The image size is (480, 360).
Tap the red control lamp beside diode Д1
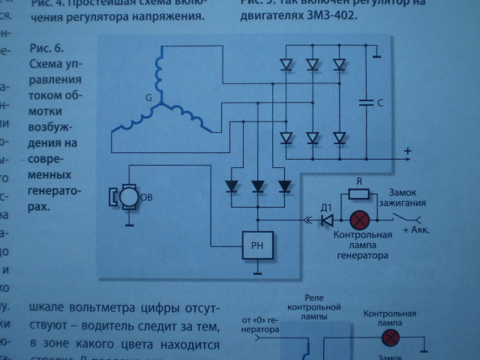coord(360,220)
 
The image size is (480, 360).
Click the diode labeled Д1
coord(327,220)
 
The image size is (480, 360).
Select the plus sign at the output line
coord(408,152)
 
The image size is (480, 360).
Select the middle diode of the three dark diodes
coord(259,184)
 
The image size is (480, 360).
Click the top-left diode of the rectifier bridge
coord(286,64)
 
